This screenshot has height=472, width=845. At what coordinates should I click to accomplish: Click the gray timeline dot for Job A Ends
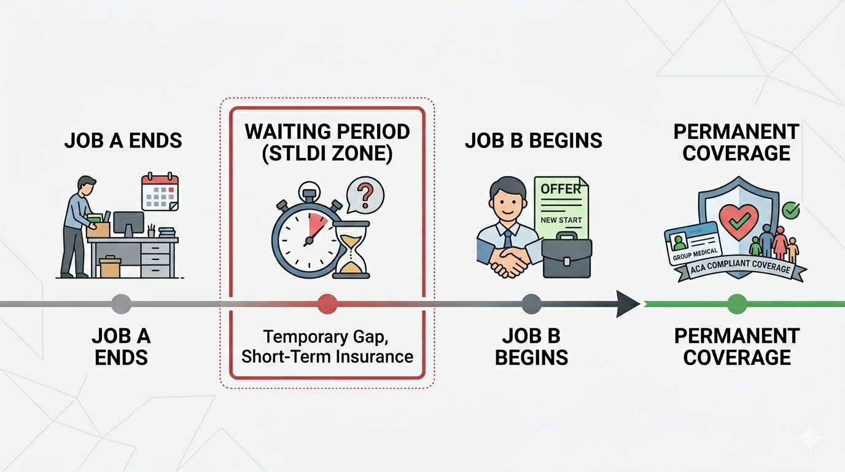[121, 304]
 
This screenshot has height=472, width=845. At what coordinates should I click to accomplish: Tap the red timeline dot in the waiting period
[327, 304]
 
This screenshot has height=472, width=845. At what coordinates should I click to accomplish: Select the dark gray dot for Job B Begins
[531, 304]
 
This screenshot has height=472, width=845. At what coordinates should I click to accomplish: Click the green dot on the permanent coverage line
[736, 304]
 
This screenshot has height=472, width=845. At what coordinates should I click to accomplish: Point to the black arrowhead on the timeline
[628, 304]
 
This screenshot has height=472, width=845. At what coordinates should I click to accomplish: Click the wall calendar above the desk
[160, 192]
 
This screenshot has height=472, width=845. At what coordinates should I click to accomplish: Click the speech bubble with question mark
[365, 196]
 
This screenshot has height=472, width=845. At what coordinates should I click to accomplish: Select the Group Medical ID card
[692, 243]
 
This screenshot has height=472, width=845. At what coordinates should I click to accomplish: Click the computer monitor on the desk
[129, 223]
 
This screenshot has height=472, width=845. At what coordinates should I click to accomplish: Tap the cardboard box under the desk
[111, 267]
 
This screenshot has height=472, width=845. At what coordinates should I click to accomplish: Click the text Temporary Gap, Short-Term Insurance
[327, 346]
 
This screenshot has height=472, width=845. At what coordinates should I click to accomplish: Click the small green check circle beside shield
[792, 211]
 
